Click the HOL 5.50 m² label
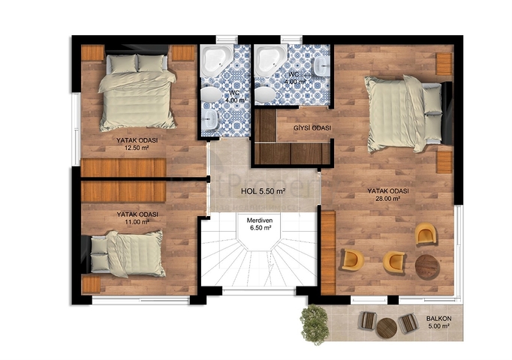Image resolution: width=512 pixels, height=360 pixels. pyautogui.click(x=263, y=191)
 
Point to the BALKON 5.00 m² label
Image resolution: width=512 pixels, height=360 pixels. pyautogui.click(x=441, y=322)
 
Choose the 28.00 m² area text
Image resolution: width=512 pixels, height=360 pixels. pyautogui.click(x=388, y=199)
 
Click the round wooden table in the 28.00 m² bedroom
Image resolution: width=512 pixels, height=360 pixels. pyautogui.click(x=427, y=266)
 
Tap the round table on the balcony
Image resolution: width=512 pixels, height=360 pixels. pyautogui.click(x=387, y=327)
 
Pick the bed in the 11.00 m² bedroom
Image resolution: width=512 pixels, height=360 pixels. pyautogui.click(x=128, y=253)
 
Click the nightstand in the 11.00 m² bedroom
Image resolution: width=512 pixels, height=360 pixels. pyautogui.click(x=91, y=284)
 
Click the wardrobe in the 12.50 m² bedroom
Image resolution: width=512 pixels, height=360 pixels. pyautogui.click(x=123, y=167)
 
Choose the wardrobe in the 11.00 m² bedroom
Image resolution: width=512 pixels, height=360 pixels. pyautogui.click(x=123, y=192)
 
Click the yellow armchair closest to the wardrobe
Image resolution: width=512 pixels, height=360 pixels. pyautogui.click(x=351, y=259)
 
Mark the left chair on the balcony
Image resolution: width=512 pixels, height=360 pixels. pyautogui.click(x=367, y=320)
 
